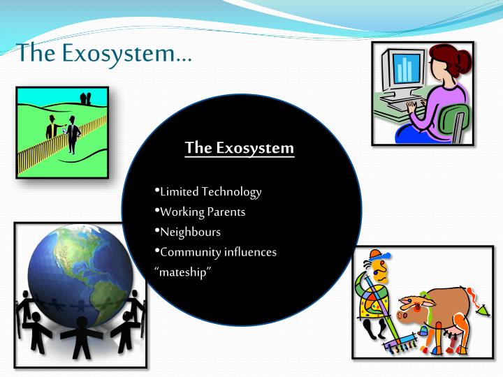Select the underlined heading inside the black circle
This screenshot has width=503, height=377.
(x=240, y=148)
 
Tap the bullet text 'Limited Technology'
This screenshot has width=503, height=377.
(x=210, y=191)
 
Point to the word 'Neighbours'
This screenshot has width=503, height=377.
(x=190, y=231)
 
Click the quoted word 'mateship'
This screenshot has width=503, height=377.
(x=182, y=272)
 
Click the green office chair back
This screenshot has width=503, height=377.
(x=457, y=119)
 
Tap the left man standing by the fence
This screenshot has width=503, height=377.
(x=52, y=130)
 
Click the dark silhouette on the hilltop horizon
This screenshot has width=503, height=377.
(x=86, y=98)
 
